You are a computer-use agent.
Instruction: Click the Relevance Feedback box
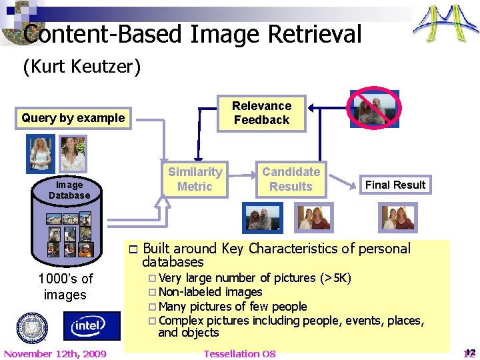[261, 113]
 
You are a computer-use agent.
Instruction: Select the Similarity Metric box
[195, 179]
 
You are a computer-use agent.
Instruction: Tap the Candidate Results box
[291, 179]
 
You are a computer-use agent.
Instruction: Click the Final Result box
[395, 185]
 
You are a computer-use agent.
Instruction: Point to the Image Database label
[69, 190]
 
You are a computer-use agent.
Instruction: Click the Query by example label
[73, 118]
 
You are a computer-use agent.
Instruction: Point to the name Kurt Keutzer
[82, 67]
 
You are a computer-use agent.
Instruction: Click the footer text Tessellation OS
[239, 353]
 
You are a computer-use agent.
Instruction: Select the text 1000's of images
[65, 287]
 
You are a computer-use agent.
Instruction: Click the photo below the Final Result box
[398, 217]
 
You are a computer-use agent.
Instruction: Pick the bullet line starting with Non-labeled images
[210, 292]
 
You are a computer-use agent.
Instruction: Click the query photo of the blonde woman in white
[41, 153]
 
